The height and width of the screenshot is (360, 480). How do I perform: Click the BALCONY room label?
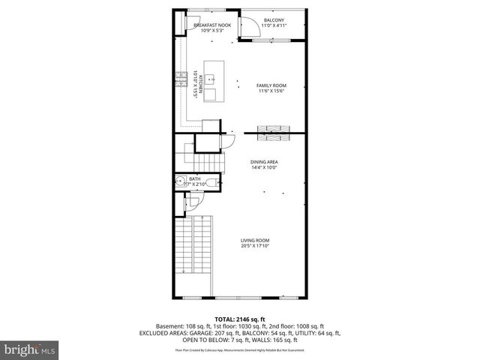coord(274,19)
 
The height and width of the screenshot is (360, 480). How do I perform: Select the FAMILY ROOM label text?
coord(271,85)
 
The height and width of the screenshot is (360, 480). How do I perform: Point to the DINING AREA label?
coord(264,161)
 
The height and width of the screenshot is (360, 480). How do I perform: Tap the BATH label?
coord(195,178)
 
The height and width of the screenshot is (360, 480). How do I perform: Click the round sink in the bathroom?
coord(181,181)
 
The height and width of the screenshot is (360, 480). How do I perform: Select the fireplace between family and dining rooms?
coord(273,133)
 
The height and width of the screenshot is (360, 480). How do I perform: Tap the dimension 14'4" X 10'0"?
coord(264,167)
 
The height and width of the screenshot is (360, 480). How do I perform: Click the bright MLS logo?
coord(31,349)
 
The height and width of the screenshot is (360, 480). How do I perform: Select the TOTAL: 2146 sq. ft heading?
coord(239,319)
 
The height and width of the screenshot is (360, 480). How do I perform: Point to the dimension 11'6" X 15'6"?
coord(271,91)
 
